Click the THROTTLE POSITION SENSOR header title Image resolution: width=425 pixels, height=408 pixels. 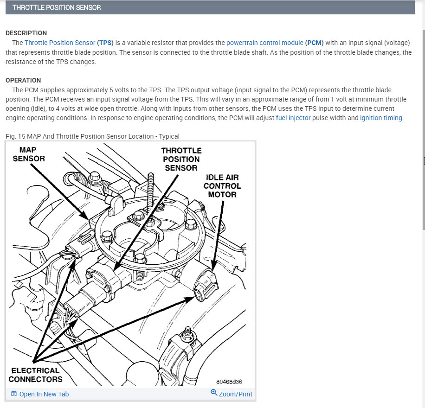57,7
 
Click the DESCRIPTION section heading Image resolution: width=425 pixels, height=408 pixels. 26,33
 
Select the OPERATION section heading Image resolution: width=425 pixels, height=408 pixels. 23,80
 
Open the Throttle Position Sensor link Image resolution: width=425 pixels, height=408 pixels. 60,43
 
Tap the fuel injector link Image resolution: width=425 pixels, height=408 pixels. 293,118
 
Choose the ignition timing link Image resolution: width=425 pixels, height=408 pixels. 381,118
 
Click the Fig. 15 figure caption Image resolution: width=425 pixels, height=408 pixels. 92,136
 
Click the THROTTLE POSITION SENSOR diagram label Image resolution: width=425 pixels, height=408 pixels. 181,159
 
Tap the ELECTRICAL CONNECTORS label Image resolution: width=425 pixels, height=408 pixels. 36,375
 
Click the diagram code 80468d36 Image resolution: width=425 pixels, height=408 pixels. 229,382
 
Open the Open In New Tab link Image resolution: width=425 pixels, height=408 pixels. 44,394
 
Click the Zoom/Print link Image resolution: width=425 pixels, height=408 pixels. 235,394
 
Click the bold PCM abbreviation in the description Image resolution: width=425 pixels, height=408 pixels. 315,43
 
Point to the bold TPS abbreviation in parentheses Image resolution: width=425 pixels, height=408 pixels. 105,43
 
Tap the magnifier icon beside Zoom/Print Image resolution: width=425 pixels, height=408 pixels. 214,393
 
